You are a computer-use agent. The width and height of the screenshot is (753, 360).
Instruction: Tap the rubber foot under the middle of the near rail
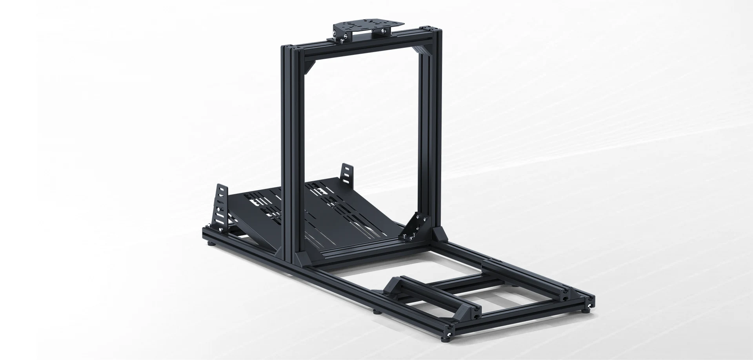tap(376, 313)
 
